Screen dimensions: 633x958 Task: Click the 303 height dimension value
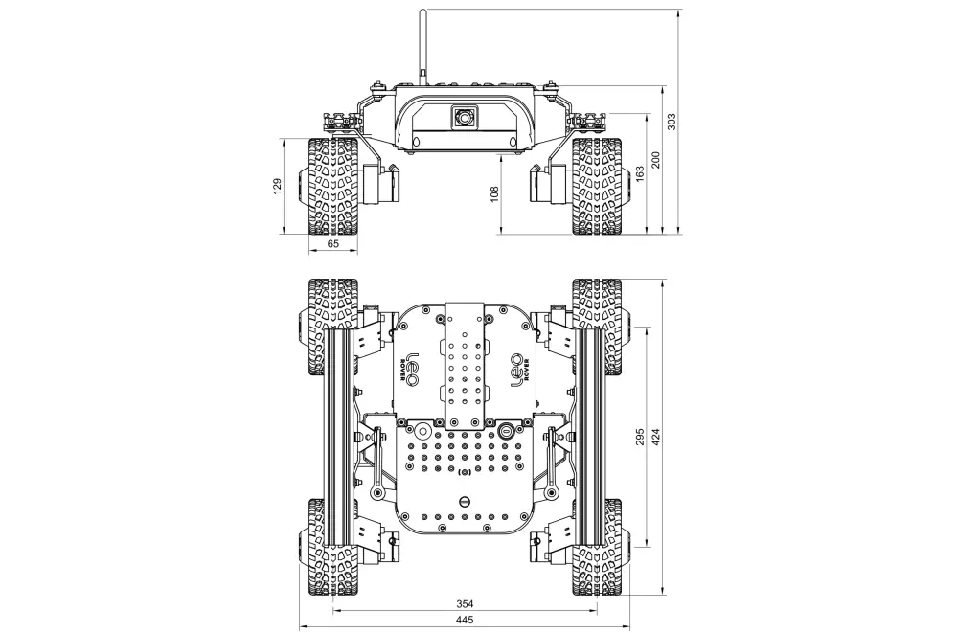[672, 122]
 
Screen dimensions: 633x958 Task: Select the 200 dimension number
[655, 159]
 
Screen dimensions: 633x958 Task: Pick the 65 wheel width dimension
[333, 244]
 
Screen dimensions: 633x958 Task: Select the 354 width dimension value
[466, 604]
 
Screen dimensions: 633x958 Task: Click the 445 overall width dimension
[466, 621]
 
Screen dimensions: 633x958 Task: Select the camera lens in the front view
[465, 117]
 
